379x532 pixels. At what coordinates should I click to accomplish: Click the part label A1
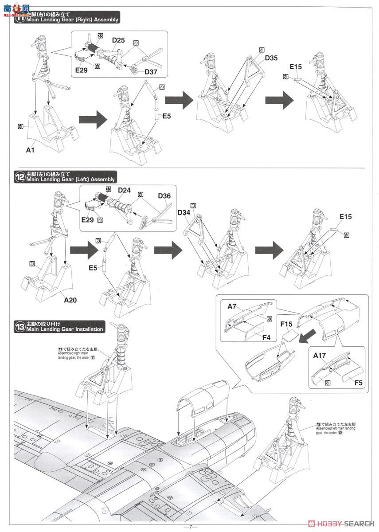[30, 150]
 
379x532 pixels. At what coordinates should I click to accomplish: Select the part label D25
[118, 40]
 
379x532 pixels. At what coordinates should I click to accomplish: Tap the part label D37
[150, 72]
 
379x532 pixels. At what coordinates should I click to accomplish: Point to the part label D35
[271, 58]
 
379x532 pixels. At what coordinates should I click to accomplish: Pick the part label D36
[164, 196]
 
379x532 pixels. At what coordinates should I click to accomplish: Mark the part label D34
[184, 213]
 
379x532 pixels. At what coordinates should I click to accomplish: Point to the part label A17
[320, 355]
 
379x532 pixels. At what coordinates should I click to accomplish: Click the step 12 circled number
[20, 176]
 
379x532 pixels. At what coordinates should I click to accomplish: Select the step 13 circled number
[20, 327]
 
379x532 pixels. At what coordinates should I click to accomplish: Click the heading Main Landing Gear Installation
[65, 329]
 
